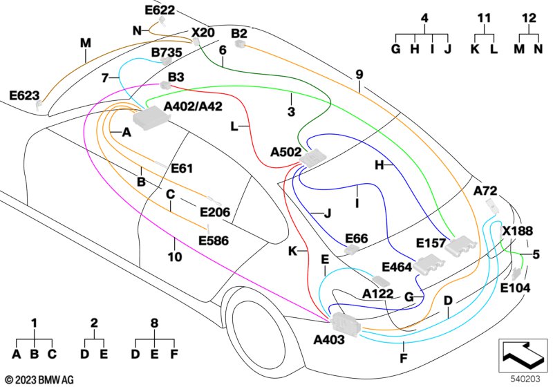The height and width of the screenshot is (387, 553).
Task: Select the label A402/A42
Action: tap(194, 106)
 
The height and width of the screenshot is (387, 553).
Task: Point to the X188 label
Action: tap(517, 231)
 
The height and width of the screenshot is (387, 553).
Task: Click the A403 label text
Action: tap(329, 340)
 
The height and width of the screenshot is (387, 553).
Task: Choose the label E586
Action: tap(213, 240)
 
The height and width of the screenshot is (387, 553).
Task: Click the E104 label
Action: tap(515, 287)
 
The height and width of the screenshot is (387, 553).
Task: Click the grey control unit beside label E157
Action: tap(461, 245)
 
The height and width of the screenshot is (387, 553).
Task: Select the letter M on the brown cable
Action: tap(85, 43)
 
